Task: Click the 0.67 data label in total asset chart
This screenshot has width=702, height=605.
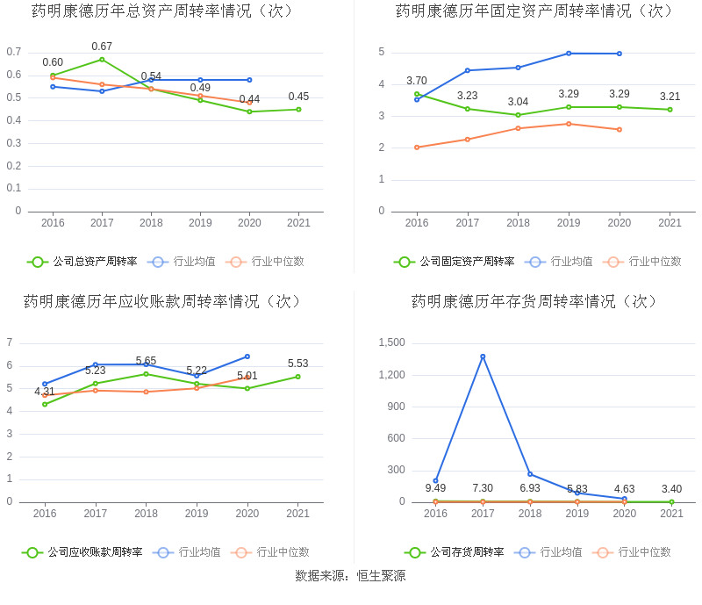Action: [x=102, y=47]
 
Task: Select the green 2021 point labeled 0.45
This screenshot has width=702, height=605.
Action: [x=298, y=110]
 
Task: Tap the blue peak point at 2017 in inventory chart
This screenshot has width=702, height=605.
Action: [x=483, y=357]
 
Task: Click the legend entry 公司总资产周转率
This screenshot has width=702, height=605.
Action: [x=82, y=262]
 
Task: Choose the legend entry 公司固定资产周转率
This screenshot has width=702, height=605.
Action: [x=455, y=262]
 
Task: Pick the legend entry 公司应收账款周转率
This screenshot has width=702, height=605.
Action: [x=82, y=552]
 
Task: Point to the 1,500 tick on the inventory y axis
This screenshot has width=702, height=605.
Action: [x=390, y=342]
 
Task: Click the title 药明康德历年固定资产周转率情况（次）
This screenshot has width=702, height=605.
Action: [x=535, y=11]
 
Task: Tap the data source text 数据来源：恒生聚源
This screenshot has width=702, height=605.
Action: [x=350, y=576]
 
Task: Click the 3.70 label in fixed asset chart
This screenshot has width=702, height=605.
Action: [x=417, y=81]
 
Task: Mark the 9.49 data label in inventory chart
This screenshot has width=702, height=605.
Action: [x=435, y=488]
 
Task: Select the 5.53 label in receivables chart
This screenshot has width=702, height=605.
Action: [x=297, y=364]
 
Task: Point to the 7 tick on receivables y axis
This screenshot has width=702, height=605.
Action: [x=10, y=342]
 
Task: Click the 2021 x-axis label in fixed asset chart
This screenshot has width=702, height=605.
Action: [x=670, y=223]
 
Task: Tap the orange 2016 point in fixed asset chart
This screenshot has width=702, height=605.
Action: [x=417, y=148]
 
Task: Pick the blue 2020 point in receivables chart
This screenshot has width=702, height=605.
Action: [x=247, y=357]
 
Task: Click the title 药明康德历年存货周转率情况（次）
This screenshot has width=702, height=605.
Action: [x=535, y=301]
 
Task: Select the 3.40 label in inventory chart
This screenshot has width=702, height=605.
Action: [x=671, y=489]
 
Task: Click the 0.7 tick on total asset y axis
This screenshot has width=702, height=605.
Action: [x=13, y=52]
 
